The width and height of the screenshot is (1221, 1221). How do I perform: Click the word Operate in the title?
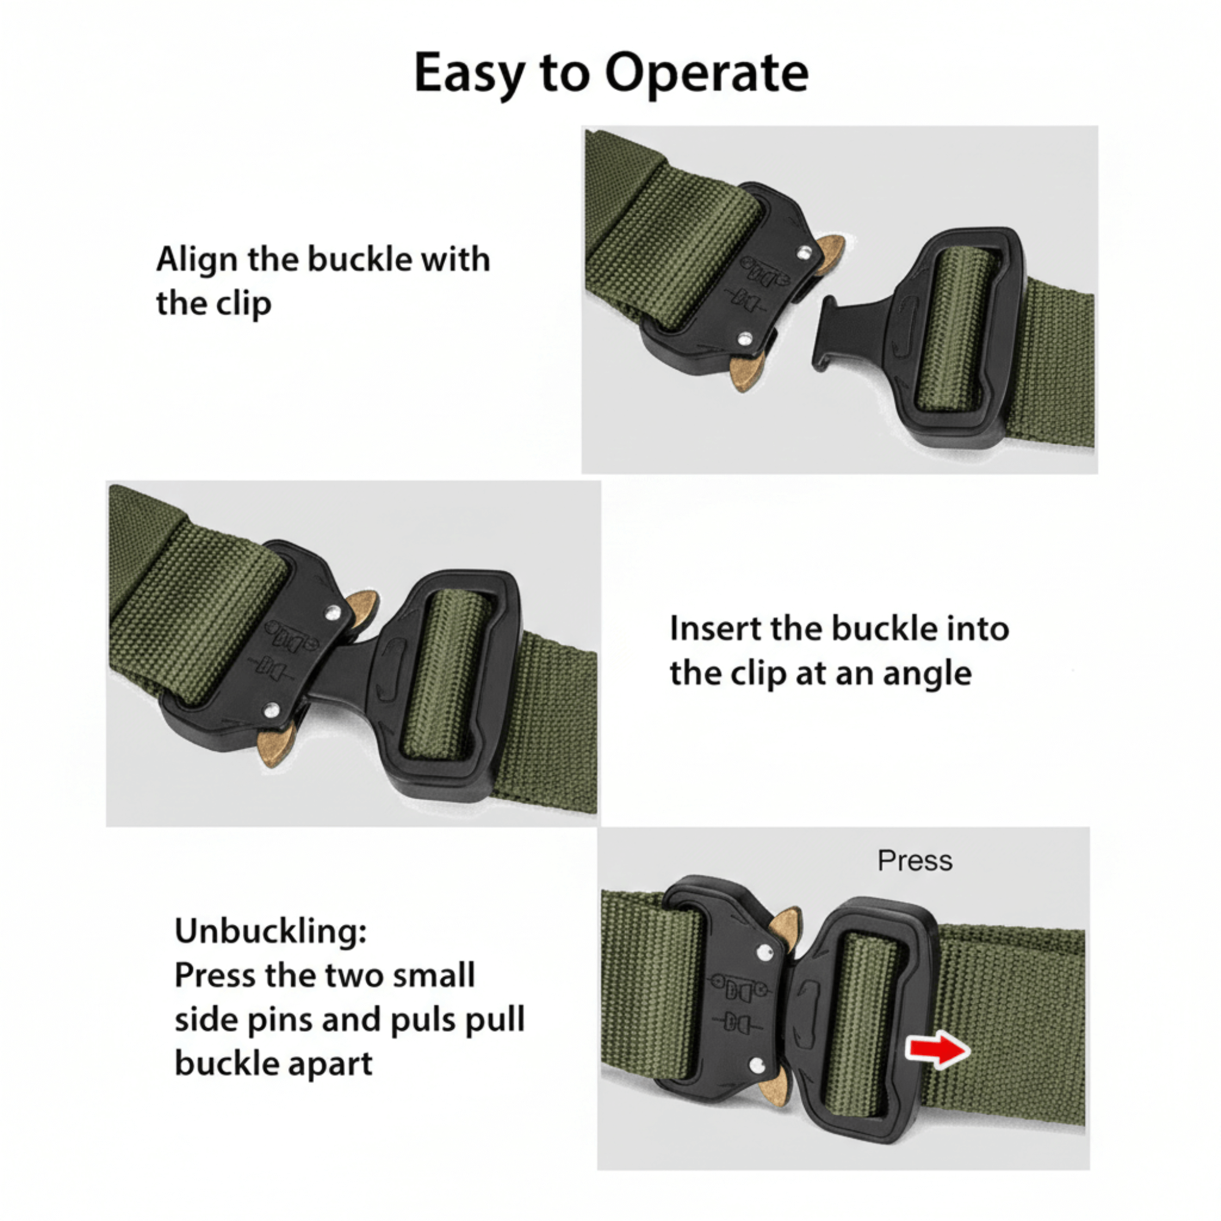(706, 74)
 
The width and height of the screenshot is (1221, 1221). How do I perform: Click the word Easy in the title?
(468, 74)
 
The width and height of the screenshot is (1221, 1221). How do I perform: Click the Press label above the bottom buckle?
(915, 861)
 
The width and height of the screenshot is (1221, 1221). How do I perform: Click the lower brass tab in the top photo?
(744, 373)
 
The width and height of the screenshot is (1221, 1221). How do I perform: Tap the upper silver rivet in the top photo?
(804, 253)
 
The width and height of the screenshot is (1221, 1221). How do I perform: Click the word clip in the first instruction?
(244, 304)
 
